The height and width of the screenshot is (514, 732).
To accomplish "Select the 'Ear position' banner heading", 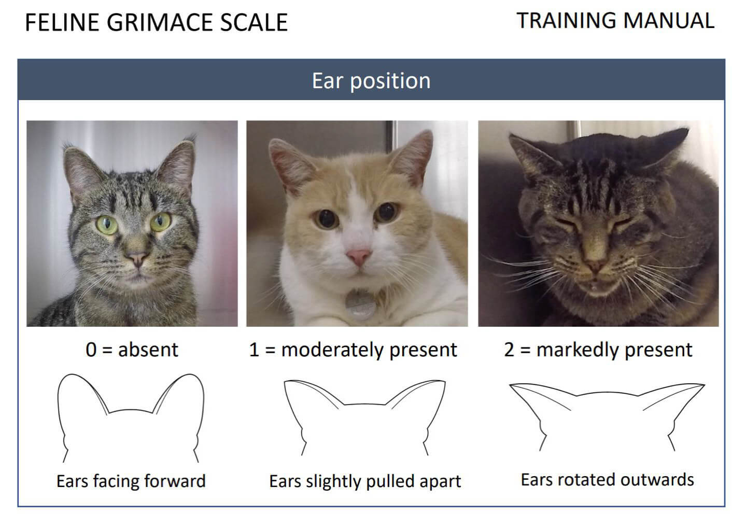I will point(371,81).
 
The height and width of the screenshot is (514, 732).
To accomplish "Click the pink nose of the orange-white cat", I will point(358,256).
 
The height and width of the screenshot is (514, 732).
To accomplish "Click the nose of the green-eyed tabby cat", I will point(137,258).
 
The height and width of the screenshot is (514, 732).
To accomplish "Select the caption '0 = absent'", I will point(132,350).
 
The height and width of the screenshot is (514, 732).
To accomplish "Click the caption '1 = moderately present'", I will point(353,350).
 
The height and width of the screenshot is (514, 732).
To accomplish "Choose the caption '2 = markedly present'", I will point(598,350).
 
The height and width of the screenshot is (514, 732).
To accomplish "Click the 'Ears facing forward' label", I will point(131,481).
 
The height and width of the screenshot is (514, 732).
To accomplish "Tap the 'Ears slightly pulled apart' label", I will point(364,481).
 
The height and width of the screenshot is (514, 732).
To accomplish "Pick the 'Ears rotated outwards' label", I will point(607,479).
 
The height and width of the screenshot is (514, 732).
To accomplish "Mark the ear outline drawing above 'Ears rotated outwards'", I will point(607,415).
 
